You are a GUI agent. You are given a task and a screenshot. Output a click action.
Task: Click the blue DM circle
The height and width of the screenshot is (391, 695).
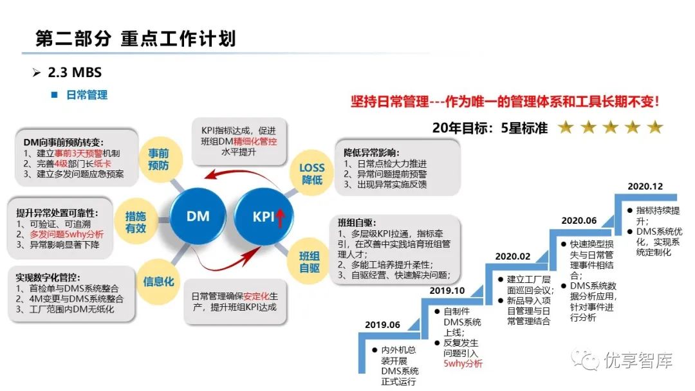click(198, 217)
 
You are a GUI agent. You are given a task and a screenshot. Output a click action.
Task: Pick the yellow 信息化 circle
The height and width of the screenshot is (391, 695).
click(158, 280)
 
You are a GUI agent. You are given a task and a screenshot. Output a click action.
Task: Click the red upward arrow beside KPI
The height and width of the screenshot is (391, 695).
click(281, 219)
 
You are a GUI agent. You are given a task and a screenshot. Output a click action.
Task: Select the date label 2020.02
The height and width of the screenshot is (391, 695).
click(512, 257)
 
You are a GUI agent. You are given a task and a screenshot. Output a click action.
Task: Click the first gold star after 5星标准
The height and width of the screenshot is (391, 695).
click(566, 127)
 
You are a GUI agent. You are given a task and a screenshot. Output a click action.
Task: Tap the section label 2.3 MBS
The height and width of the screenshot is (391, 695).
click(75, 73)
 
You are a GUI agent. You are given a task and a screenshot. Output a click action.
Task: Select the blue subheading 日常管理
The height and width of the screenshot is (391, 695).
click(87, 95)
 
